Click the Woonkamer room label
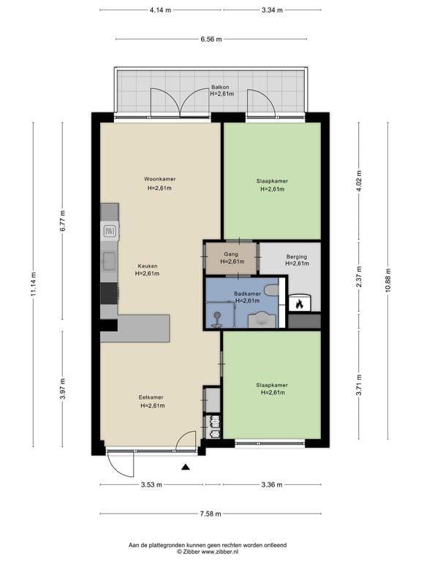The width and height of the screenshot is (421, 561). pyautogui.click(x=159, y=179)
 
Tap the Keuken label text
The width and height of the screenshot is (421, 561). pyautogui.click(x=148, y=266)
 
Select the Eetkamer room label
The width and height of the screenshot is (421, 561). pyautogui.click(x=151, y=397)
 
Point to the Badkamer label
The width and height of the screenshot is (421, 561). pyautogui.click(x=247, y=294)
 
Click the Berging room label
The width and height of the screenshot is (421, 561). pyautogui.click(x=297, y=256)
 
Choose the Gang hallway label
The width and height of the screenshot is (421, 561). pyautogui.click(x=231, y=254)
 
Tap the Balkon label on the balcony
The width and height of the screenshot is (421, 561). pyautogui.click(x=220, y=87)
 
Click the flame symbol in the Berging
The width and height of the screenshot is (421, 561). pyautogui.click(x=300, y=304)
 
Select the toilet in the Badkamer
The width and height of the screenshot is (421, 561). pyautogui.click(x=271, y=290)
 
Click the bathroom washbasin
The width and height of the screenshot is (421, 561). pyautogui.click(x=262, y=319)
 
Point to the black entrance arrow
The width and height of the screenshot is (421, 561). pyautogui.click(x=186, y=467)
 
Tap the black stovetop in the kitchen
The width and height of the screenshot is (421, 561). pyautogui.click(x=109, y=294)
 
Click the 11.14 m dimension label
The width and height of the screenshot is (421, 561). pyautogui.click(x=34, y=284)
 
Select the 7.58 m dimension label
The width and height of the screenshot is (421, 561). pyautogui.click(x=210, y=514)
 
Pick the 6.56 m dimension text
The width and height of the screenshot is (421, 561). pyautogui.click(x=211, y=39)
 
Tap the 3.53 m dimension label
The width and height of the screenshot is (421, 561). pyautogui.click(x=151, y=485)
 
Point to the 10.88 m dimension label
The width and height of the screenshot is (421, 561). pyautogui.click(x=388, y=280)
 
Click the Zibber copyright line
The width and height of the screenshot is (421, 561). pyautogui.click(x=208, y=552)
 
